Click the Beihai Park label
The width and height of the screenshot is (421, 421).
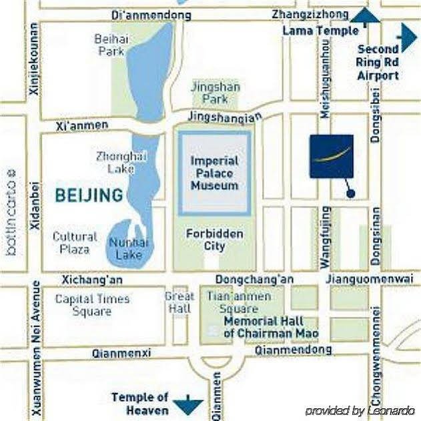(x=111, y=45)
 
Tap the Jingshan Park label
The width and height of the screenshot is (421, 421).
(x=215, y=93)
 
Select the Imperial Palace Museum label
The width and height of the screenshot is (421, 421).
(x=214, y=173)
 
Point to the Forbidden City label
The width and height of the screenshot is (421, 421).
(x=214, y=240)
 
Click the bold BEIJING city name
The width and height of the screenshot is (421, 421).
(x=89, y=195)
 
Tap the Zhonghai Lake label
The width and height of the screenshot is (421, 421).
(x=120, y=161)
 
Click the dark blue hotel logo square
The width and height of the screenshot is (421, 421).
(x=332, y=156)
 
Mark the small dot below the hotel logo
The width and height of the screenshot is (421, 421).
(x=351, y=193)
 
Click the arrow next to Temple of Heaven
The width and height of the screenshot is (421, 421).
(x=187, y=404)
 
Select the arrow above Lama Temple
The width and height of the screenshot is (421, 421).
(x=365, y=17)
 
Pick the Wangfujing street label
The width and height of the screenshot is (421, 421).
(x=326, y=238)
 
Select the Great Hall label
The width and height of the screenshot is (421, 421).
(x=179, y=302)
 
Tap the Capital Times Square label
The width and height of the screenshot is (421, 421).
(x=92, y=305)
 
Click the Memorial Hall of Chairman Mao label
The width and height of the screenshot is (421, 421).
(x=271, y=327)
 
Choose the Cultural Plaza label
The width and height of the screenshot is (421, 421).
(x=75, y=243)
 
